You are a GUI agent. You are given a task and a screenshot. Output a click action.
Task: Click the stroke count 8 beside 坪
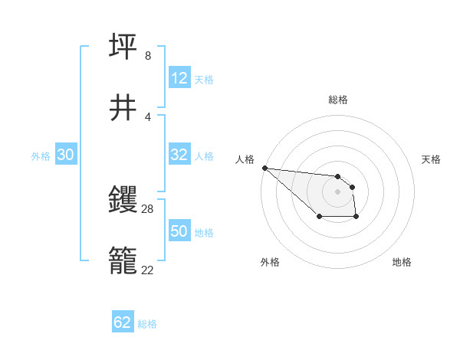(147, 56)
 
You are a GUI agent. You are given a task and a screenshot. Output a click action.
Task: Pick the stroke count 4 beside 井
(147, 116)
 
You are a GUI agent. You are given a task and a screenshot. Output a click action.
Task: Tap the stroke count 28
(148, 208)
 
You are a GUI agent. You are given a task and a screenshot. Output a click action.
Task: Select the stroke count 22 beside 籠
(148, 269)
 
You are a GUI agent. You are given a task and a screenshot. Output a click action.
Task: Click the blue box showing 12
(179, 78)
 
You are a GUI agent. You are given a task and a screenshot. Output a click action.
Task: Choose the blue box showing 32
(179, 155)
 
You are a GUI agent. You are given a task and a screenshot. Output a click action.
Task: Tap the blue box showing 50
(179, 231)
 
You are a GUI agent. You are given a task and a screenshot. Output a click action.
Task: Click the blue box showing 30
(66, 155)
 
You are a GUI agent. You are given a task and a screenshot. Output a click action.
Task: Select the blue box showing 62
(123, 322)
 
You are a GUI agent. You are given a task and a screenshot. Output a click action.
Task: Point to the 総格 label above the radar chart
(338, 100)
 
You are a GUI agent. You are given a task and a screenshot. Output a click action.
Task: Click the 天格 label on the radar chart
(432, 159)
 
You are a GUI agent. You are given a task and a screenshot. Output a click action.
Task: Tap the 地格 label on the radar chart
(402, 262)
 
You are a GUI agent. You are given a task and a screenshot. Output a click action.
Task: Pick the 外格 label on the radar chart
(270, 262)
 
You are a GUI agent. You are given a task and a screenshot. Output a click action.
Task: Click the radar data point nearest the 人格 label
(264, 168)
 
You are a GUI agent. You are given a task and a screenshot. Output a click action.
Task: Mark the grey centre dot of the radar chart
(337, 191)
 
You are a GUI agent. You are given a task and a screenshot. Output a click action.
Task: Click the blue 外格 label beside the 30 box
(41, 155)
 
